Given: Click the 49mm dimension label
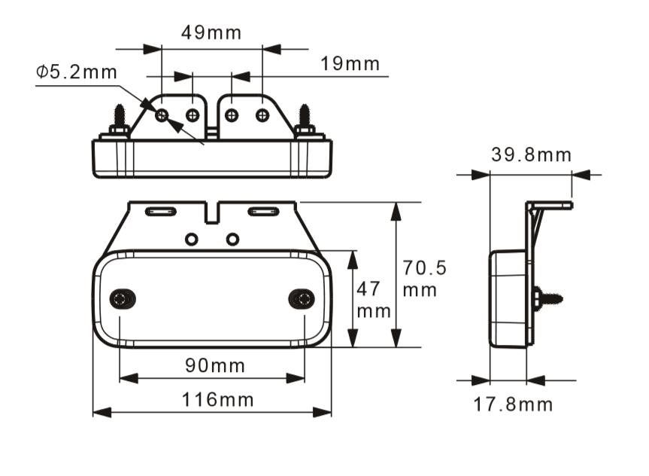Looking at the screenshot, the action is (x=211, y=32).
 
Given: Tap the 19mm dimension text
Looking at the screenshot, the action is (x=350, y=64).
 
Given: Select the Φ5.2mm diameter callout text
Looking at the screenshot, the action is (x=77, y=72).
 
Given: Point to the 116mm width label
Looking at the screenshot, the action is (x=218, y=400).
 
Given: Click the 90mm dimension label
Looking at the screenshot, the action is (x=215, y=366).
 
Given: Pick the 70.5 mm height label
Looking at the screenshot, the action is (x=424, y=279).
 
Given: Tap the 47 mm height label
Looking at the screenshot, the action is (x=373, y=300).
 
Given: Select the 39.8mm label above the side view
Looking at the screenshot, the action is (x=532, y=154).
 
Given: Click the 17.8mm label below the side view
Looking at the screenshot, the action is (x=513, y=404).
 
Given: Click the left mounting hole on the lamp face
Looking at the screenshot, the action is (x=123, y=298).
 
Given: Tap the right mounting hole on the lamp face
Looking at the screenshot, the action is (x=302, y=298).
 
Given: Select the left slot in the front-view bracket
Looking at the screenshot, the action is (x=161, y=212).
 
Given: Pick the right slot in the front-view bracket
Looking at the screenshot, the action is (x=263, y=212).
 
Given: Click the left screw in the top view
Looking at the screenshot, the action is (x=120, y=121).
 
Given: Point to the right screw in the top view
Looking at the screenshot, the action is (x=305, y=121).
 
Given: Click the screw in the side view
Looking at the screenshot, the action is (x=547, y=297).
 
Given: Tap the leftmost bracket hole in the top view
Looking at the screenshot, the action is (x=162, y=115).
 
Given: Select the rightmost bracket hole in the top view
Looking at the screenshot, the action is (x=262, y=115).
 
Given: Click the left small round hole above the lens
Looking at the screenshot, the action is (x=191, y=240).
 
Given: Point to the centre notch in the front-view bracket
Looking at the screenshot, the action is (x=212, y=213).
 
